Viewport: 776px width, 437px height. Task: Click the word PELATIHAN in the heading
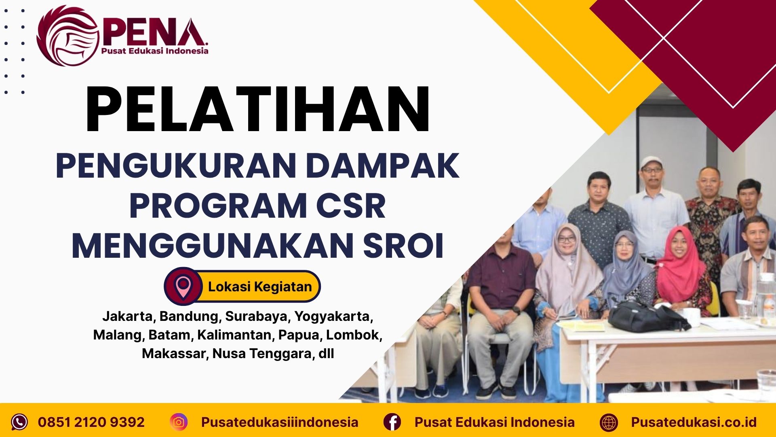pos(257,110)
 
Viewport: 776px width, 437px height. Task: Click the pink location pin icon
pos(183,286)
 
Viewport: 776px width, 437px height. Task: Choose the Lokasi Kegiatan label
pos(260,287)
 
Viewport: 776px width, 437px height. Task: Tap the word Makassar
pos(174,354)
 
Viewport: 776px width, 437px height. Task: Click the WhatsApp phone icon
pos(19,422)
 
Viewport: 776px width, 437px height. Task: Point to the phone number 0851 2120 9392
pos(91,422)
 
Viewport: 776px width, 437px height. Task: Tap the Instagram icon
pos(179,422)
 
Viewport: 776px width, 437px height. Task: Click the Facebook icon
pos(392,422)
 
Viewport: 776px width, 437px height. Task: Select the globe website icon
pos(609,422)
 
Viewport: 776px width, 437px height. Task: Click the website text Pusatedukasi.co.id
pos(694,422)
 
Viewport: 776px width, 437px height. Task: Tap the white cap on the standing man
pos(652,162)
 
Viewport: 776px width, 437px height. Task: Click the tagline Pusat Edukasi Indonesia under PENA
pos(154,51)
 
